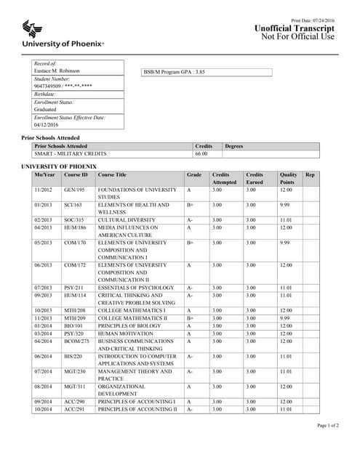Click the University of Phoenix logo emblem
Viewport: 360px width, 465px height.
(32, 28)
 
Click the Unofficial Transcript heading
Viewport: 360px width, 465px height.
(295, 28)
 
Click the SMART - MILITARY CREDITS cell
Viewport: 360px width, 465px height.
(71, 154)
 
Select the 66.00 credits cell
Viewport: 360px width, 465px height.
(201, 154)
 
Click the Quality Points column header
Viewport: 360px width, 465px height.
(289, 179)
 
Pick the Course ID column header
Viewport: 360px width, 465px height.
(76, 175)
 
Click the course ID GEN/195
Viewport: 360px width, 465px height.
(74, 190)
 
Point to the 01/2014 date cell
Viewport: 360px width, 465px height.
(44, 325)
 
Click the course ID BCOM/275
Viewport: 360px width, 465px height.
(76, 341)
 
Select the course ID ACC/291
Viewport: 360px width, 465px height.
(74, 409)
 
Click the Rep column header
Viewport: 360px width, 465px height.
(311, 175)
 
